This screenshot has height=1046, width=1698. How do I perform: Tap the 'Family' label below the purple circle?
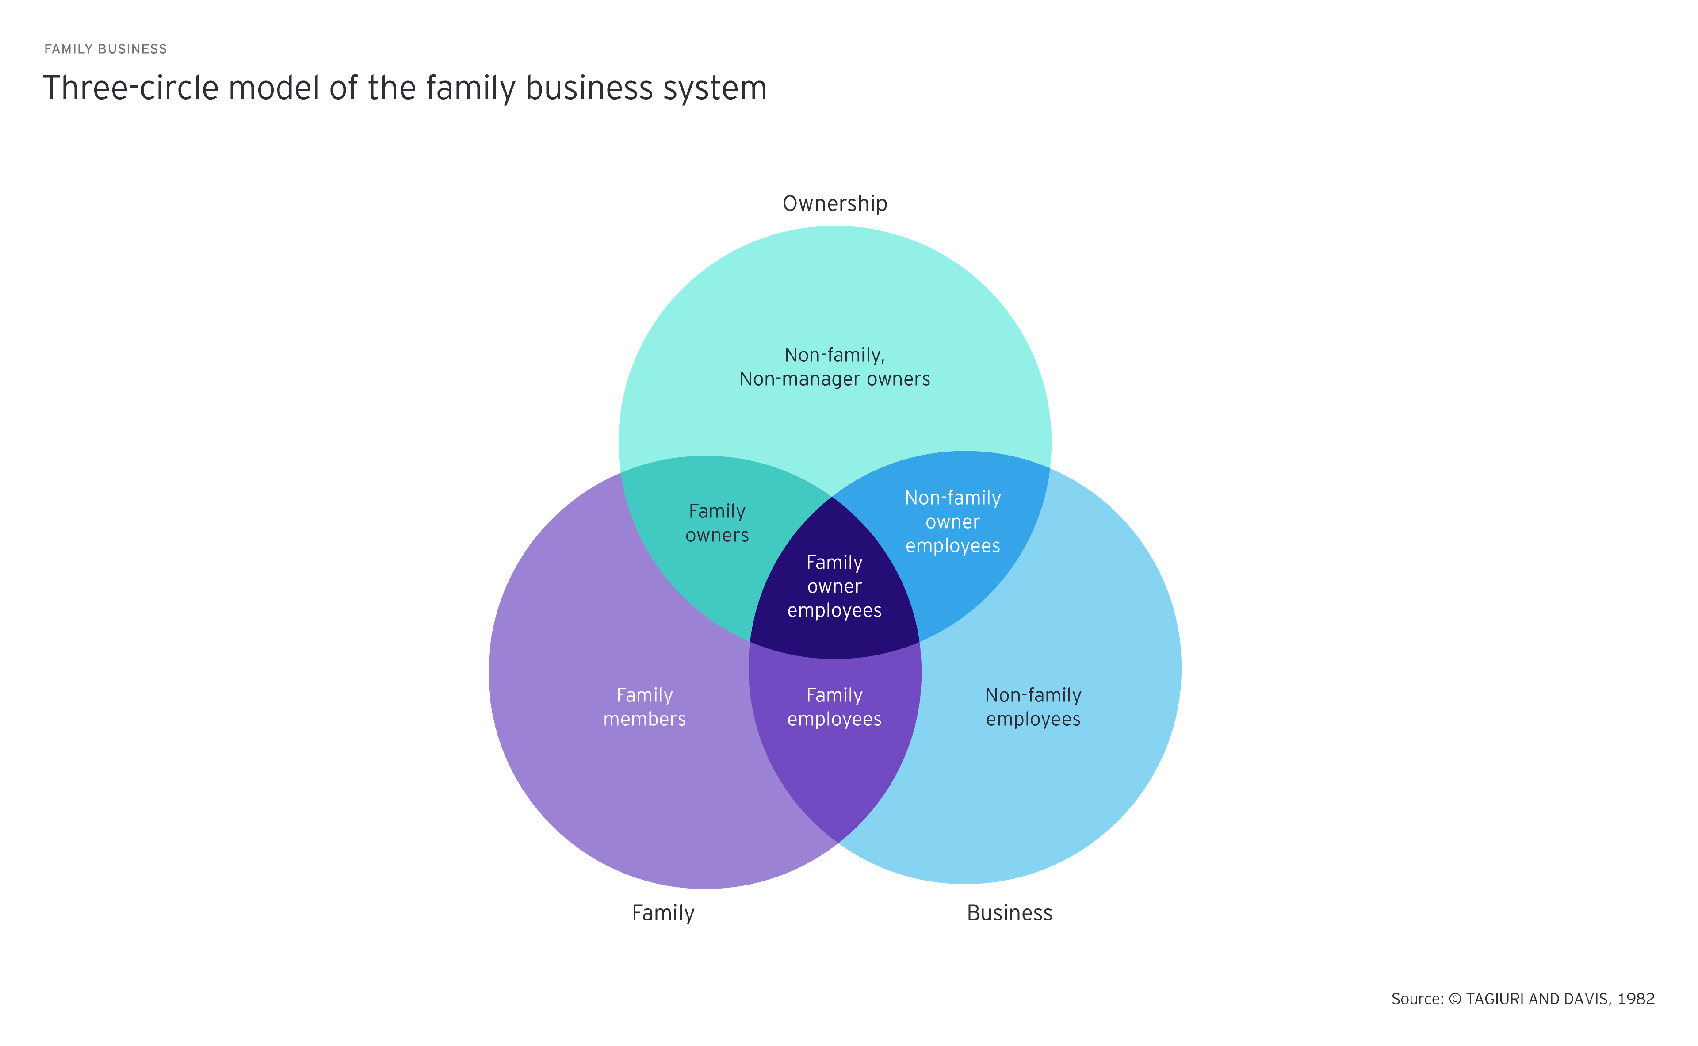click(x=662, y=913)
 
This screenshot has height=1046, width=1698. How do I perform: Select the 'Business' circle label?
click(x=1009, y=913)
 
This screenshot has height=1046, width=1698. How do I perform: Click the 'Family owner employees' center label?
click(x=834, y=586)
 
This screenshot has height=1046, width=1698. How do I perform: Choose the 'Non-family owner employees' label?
click(x=952, y=521)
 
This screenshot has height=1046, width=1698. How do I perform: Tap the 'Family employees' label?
click(x=834, y=707)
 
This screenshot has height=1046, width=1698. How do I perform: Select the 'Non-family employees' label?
click(x=1033, y=707)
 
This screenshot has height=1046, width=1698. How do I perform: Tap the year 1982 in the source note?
click(x=1636, y=999)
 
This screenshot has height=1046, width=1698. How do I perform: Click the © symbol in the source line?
click(x=1454, y=999)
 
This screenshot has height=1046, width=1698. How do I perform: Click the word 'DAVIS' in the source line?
click(x=1587, y=999)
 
